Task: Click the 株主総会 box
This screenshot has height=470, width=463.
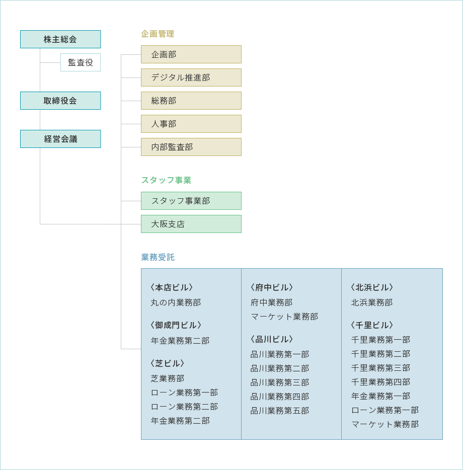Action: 60,39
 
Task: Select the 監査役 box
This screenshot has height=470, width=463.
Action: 81,62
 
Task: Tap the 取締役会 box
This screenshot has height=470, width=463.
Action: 60,101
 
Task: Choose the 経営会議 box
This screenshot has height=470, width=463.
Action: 60,139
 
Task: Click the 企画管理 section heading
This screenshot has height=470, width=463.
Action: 158,34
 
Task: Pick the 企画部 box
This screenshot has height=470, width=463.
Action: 191,54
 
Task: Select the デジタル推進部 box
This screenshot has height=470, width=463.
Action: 191,77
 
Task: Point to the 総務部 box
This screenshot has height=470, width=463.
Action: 191,101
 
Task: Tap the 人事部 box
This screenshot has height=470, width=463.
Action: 191,124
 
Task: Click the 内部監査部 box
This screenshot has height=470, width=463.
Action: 191,147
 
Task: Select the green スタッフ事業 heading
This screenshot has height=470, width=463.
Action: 166,180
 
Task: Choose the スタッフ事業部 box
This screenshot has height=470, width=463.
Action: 191,201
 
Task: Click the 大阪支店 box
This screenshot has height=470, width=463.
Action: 191,224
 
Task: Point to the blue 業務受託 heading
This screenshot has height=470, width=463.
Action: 158,257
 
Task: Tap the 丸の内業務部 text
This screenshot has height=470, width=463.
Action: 176,302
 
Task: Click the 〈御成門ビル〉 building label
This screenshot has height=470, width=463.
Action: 176,325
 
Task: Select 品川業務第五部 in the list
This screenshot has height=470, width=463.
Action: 280,411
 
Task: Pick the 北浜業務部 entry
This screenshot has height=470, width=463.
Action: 372,302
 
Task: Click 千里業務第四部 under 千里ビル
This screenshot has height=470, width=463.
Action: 380,382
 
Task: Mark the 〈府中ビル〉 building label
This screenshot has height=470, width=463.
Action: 272,287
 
